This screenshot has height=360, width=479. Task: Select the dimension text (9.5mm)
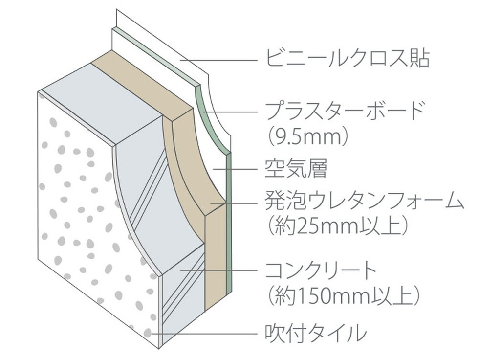[x=308, y=137]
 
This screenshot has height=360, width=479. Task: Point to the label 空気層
[x=295, y=169]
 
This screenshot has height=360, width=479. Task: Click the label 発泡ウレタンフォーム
[x=364, y=201]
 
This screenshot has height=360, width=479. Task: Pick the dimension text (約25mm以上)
[x=338, y=226]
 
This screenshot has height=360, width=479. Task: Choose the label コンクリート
[x=321, y=270]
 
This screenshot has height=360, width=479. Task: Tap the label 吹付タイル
[x=316, y=333]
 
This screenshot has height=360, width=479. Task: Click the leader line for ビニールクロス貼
[x=218, y=60]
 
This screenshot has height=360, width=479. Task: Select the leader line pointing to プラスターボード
[x=231, y=112]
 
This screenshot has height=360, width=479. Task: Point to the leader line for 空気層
[x=235, y=169]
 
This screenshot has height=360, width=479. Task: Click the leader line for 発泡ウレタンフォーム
[x=234, y=202]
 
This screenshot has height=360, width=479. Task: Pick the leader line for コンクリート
[x=218, y=270]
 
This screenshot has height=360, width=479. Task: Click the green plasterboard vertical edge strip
[x=229, y=223]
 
